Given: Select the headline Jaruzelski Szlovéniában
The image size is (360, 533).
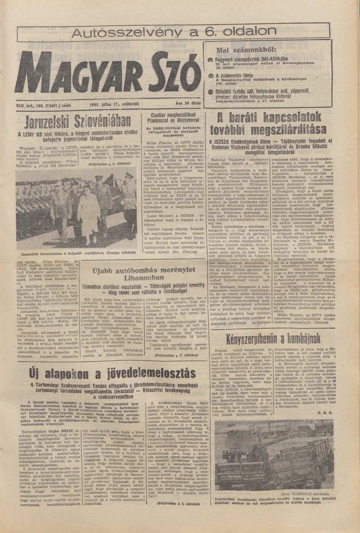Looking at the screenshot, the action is pyautogui.click(x=71, y=121).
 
